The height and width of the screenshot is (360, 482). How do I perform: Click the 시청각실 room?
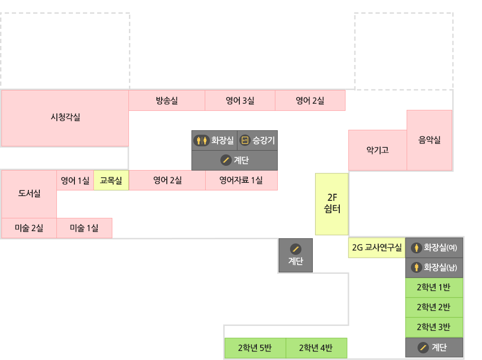pyautogui.click(x=65, y=117)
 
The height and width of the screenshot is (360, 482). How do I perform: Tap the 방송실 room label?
pyautogui.click(x=167, y=100)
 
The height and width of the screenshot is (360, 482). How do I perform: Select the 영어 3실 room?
pyautogui.click(x=240, y=100)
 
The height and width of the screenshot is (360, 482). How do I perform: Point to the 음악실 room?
pyautogui.click(x=429, y=140)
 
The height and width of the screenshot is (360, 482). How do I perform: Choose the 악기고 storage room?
pyautogui.click(x=377, y=150)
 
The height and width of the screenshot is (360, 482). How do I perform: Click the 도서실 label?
pyautogui.click(x=29, y=193)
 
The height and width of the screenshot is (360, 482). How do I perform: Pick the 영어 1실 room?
pyautogui.click(x=75, y=180)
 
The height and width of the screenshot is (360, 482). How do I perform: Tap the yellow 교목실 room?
pyautogui.click(x=111, y=180)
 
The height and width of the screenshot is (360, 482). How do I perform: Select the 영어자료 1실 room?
pyautogui.click(x=241, y=180)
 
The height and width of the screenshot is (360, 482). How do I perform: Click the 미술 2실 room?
pyautogui.click(x=29, y=228)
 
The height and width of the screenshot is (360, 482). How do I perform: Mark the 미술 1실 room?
pyautogui.click(x=84, y=228)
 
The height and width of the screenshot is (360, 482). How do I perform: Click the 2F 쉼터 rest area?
pyautogui.click(x=332, y=204)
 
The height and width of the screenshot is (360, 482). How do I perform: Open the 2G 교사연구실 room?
pyautogui.click(x=377, y=248)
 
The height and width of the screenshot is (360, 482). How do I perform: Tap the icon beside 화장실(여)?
pyautogui.click(x=417, y=247)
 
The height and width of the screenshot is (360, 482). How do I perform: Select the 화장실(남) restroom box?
pyautogui.click(x=434, y=268)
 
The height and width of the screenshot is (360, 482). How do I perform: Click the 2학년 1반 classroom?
pyautogui.click(x=434, y=288)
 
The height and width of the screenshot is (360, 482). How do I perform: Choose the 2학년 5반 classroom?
pyautogui.click(x=255, y=348)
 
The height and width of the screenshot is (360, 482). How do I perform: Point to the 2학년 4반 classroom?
pyautogui.click(x=316, y=348)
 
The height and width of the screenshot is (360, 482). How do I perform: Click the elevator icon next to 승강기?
pyautogui.click(x=245, y=140)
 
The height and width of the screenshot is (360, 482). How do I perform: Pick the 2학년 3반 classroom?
pyautogui.click(x=434, y=327)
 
